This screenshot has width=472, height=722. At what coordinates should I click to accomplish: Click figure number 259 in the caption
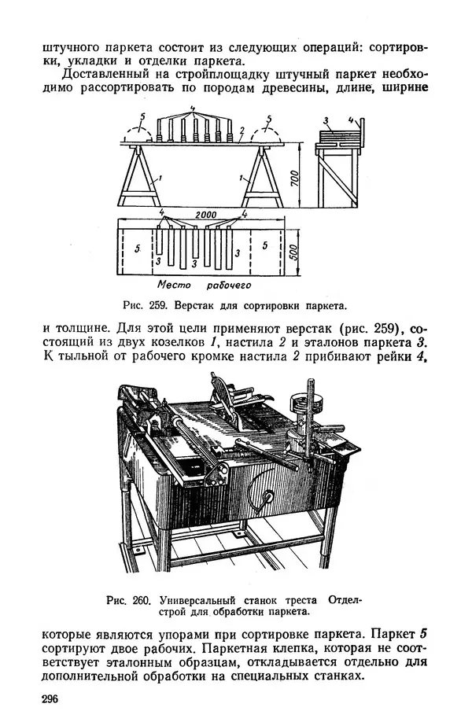coord(167,304)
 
